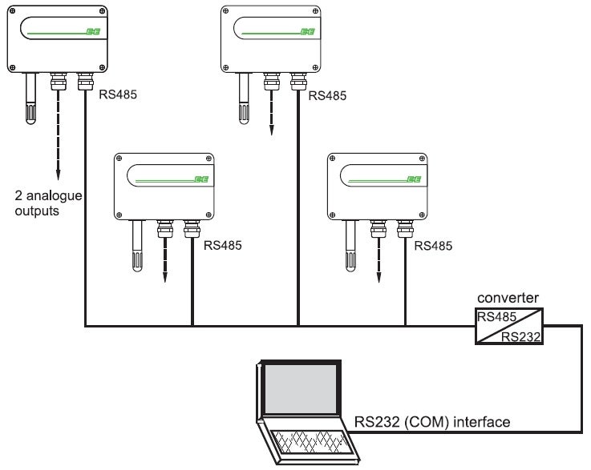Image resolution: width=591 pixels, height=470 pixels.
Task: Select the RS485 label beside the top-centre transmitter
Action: (x=327, y=95)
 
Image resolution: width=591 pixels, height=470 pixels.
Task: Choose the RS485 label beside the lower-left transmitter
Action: (x=222, y=245)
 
